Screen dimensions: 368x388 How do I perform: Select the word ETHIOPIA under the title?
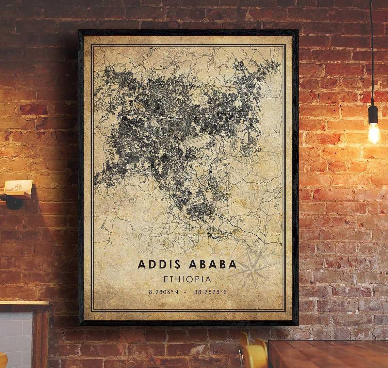[x=187, y=279]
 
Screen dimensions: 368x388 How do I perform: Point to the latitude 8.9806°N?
[x=163, y=292]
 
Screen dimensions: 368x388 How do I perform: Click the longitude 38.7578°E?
[x=210, y=292]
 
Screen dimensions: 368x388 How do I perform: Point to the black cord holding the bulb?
[x=372, y=51]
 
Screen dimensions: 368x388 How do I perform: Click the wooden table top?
[x=327, y=354]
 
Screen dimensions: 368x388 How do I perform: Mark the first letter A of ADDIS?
[x=141, y=264]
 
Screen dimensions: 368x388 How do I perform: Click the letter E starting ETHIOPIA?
[x=166, y=279]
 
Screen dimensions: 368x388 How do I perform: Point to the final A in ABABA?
[x=232, y=264]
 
